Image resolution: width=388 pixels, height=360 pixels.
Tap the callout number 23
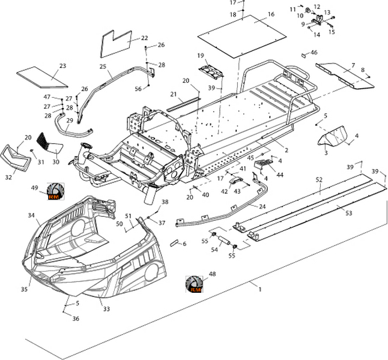(62, 66)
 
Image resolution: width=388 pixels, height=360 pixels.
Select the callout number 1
(259, 290)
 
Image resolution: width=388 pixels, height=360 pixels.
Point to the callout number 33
(106, 310)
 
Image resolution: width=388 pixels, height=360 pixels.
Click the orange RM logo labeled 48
(194, 285)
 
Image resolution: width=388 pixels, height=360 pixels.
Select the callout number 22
(144, 38)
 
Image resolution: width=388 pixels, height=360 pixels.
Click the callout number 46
(314, 53)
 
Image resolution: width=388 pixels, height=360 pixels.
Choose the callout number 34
(31, 215)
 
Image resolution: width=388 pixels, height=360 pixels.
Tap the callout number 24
(262, 206)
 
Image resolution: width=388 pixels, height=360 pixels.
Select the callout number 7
(353, 65)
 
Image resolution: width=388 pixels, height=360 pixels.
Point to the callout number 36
(76, 319)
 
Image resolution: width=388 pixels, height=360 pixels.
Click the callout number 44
(280, 174)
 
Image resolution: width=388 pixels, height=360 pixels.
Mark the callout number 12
(317, 7)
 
